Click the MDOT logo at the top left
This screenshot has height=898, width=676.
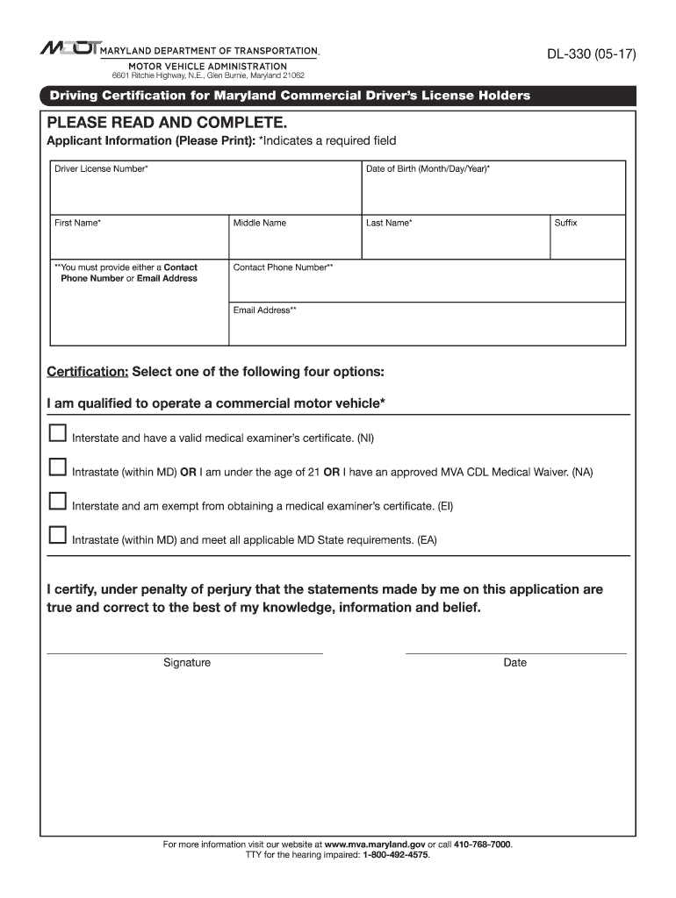pos(69,49)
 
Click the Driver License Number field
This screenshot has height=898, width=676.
pos(205,192)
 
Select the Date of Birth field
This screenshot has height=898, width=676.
pos(493,192)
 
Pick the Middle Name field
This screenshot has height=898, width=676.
pos(294,242)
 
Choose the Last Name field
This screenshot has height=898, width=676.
pos(455,242)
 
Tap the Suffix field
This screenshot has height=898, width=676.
pos(587,242)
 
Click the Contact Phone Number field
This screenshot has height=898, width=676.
pos(427,285)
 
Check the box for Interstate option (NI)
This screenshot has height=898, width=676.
pos(57,433)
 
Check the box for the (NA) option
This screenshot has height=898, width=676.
pos(57,467)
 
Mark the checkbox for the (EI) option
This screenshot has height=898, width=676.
pos(57,502)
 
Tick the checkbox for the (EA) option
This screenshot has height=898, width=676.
pos(57,535)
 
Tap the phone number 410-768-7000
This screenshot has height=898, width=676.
pos(482,845)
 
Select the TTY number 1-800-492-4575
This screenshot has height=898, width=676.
pos(390,855)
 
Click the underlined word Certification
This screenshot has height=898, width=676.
pos(87,372)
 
